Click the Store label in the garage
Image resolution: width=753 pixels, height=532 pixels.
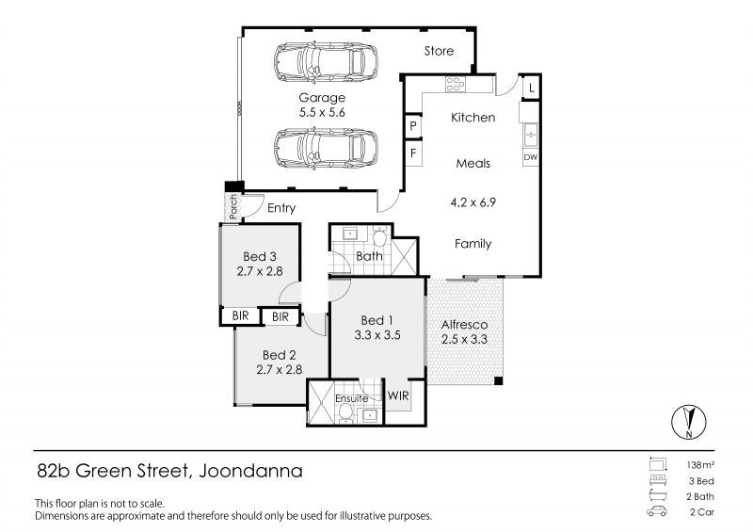[439, 51]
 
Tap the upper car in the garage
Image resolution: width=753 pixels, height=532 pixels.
[326, 63]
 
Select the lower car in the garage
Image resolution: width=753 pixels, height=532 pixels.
[326, 149]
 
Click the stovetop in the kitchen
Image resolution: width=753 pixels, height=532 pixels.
[455, 84]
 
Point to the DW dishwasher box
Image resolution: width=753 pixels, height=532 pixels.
[530, 157]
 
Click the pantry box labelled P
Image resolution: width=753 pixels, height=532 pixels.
[413, 126]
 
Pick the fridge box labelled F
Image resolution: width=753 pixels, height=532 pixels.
[413, 153]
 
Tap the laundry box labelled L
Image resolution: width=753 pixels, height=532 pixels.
[531, 88]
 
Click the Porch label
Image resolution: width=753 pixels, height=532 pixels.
[233, 206]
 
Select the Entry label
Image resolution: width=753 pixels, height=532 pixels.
[281, 208]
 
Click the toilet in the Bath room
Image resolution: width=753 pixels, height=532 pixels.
[380, 236]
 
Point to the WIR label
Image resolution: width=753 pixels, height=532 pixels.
[398, 395]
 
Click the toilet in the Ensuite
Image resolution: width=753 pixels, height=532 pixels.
[345, 412]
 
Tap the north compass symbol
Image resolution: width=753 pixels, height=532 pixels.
[689, 422]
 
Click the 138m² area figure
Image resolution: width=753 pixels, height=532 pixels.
[700, 465]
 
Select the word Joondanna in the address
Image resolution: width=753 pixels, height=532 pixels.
[250, 471]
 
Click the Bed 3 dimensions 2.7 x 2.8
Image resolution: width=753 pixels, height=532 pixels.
[260, 271]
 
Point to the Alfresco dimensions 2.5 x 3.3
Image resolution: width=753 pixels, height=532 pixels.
[464, 339]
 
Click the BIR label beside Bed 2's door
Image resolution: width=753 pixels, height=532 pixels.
[280, 316]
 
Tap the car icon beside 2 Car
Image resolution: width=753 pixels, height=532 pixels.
[657, 511]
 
